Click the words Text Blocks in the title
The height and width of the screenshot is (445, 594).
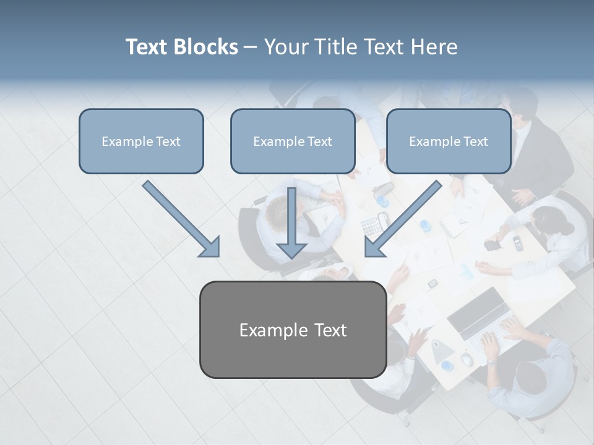pyautogui.click(x=181, y=47)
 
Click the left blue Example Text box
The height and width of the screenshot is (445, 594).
pyautogui.click(x=141, y=141)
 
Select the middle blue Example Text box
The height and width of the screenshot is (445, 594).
pyautogui.click(x=293, y=141)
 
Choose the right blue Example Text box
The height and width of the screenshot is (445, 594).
pyautogui.click(x=449, y=141)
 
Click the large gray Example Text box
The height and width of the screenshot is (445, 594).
pyautogui.click(x=293, y=329)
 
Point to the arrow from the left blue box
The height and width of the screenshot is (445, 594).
pyautogui.click(x=182, y=219)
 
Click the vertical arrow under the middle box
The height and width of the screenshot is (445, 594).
pyautogui.click(x=291, y=222)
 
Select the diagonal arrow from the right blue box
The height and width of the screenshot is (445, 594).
pyautogui.click(x=402, y=219)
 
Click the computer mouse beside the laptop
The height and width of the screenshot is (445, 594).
pyautogui.click(x=467, y=359)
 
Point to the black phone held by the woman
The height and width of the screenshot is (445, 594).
pyautogui.click(x=492, y=245)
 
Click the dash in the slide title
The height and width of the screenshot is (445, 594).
pyautogui.click(x=251, y=47)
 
